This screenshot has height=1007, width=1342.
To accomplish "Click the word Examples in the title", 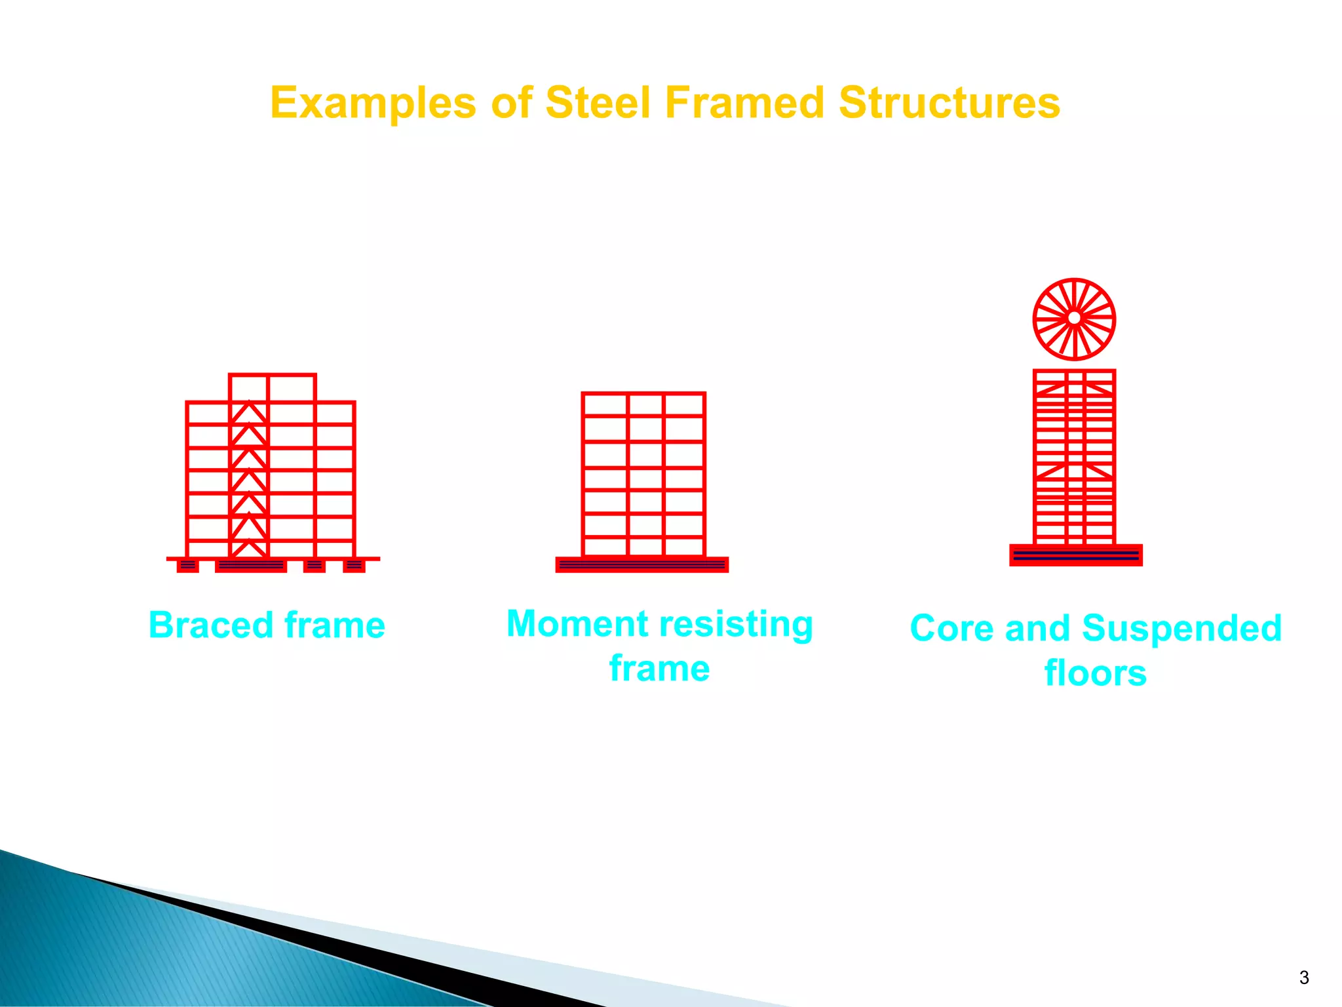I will [373, 104].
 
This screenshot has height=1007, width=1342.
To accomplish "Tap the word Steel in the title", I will [598, 103].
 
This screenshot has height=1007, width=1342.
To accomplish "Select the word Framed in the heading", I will [744, 103].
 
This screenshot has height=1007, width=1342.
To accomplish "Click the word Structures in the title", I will [949, 103].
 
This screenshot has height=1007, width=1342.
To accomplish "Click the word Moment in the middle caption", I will [577, 623].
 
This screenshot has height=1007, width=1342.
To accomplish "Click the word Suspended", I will [1181, 628].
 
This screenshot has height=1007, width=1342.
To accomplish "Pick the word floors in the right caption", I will [1095, 673].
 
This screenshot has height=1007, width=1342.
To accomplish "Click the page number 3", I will [1303, 977].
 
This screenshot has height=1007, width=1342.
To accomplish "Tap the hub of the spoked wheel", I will [1074, 319].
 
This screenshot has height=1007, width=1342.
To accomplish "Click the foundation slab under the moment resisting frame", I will [642, 564].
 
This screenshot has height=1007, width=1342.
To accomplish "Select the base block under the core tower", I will [1075, 555].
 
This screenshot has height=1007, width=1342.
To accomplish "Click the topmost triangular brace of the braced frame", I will [249, 413].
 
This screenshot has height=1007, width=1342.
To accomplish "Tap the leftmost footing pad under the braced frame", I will [187, 565].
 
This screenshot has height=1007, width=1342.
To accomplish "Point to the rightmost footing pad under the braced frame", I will [354, 565].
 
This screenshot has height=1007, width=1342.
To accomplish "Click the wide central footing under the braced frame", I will [250, 565].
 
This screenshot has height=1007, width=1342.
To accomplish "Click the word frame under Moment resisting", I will [659, 669].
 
